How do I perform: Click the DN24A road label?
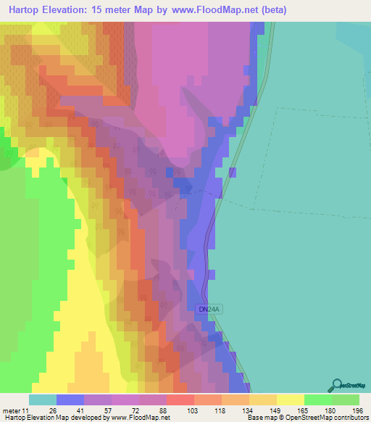[207, 310]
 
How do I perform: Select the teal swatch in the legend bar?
[42, 400]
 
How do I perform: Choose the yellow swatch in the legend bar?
[290, 400]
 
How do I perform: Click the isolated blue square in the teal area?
[233, 172]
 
